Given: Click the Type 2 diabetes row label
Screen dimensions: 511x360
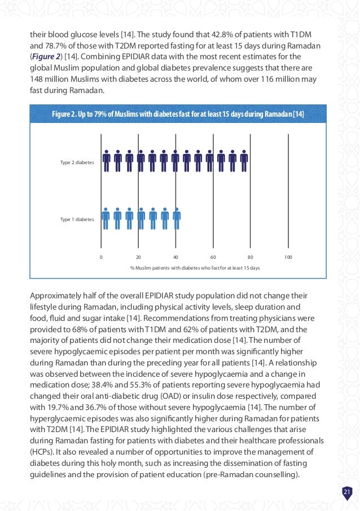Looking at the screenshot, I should click(x=77, y=162).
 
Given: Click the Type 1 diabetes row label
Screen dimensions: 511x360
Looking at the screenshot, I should click(x=77, y=219).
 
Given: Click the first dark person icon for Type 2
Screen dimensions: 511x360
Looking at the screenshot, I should click(x=107, y=161).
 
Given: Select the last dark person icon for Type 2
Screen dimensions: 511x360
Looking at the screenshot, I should click(x=244, y=161).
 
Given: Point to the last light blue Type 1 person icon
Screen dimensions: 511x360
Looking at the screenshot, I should click(x=176, y=218).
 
